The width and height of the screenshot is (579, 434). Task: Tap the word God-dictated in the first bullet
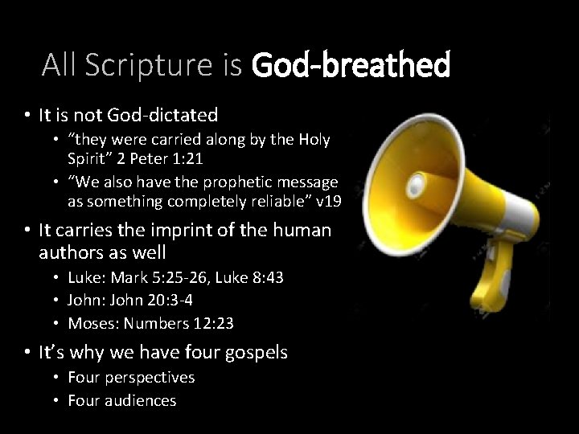172,116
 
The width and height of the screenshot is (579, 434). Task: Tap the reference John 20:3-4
148,301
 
